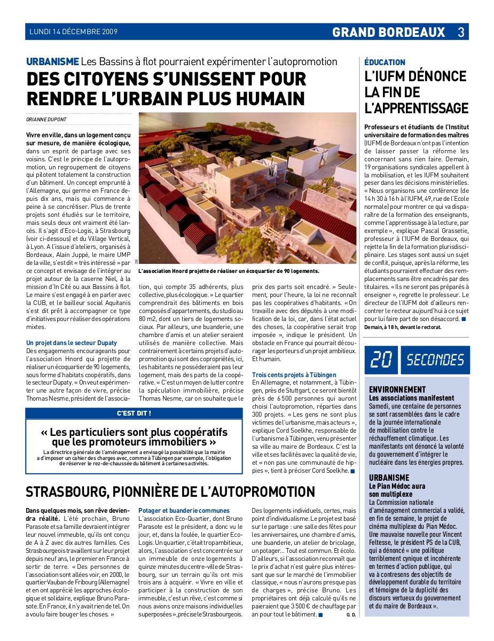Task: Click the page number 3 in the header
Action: pos(460,32)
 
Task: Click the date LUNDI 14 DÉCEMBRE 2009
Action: pos(74,32)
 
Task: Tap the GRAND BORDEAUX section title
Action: pos(388,32)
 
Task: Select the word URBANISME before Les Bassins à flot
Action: pos(53,61)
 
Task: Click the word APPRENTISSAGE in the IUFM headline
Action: pos(416,108)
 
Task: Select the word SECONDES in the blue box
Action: pos(435,360)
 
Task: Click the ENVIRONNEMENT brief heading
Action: pos(397,390)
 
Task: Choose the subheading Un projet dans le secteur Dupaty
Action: pos(72,342)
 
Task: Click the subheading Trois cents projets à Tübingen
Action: pos(294,375)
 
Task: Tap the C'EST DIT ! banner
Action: pos(134,413)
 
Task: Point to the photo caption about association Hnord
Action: pos(229,271)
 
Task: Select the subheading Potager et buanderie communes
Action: pos(184,511)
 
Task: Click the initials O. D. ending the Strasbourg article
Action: pos(351,615)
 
